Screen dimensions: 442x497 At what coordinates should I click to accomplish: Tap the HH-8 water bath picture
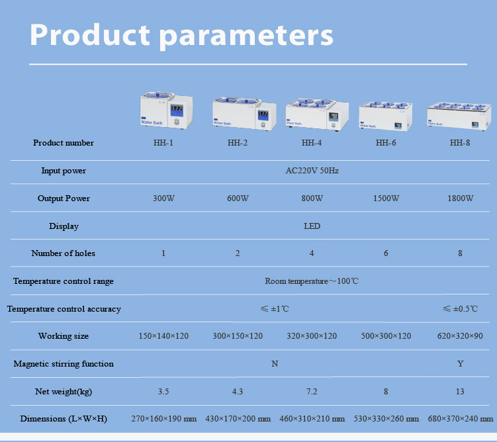click(x=459, y=114)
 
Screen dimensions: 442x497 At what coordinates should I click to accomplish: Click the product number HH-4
click(x=312, y=143)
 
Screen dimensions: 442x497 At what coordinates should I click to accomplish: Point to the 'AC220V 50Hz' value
click(x=312, y=171)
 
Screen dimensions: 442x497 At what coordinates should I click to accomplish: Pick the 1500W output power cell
click(x=386, y=199)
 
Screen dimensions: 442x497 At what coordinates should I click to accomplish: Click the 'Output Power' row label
click(x=64, y=199)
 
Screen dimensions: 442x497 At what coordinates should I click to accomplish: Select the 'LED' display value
click(x=312, y=226)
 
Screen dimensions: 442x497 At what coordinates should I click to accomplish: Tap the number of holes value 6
click(x=386, y=253)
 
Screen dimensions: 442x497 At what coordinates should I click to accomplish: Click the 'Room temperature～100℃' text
click(x=312, y=281)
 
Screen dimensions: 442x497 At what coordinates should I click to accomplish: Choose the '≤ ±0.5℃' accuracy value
click(x=460, y=309)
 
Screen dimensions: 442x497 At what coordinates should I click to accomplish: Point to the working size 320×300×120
click(x=312, y=336)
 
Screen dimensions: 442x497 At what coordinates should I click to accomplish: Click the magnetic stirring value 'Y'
click(x=460, y=364)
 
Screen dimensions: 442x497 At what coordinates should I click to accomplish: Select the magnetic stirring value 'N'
click(x=275, y=364)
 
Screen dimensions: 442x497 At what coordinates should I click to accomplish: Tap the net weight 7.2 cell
click(x=312, y=392)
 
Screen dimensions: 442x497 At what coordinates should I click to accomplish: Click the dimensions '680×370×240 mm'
click(x=460, y=419)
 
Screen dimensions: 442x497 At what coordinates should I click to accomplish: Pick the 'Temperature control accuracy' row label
click(x=64, y=309)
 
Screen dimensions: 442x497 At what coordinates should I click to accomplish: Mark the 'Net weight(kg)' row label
click(x=64, y=392)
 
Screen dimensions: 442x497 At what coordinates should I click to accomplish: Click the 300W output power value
click(x=163, y=199)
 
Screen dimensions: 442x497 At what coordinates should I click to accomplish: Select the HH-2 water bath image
click(x=238, y=113)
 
